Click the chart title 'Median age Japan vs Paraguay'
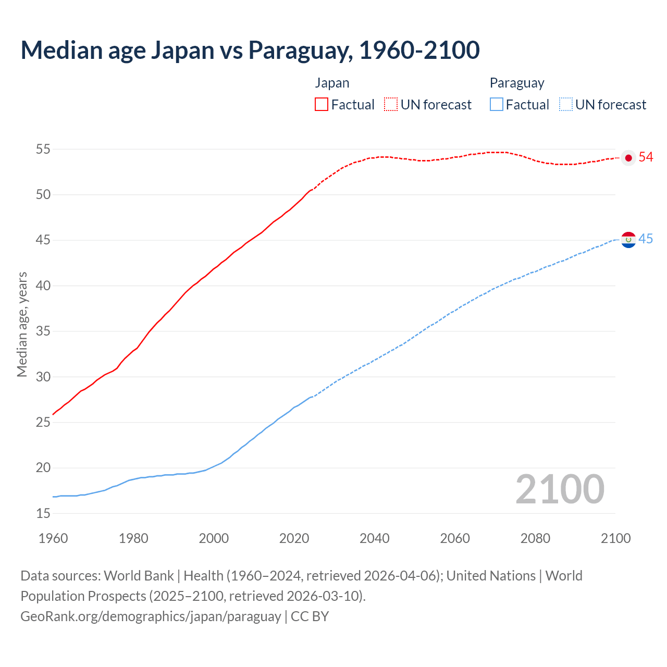click(x=250, y=50)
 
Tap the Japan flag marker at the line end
click(x=628, y=158)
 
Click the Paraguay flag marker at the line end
click(x=628, y=240)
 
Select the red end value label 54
click(x=646, y=157)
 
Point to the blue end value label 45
click(x=646, y=239)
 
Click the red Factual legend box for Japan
click(x=322, y=105)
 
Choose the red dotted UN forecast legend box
click(x=391, y=105)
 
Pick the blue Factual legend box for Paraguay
click(x=497, y=105)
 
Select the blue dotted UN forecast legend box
click(x=565, y=105)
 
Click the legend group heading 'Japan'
click(x=332, y=83)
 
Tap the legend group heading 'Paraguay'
click(x=516, y=83)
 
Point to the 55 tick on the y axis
click(x=43, y=150)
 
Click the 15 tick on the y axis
click(x=43, y=514)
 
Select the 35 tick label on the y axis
click(x=43, y=331)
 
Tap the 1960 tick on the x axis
click(x=53, y=538)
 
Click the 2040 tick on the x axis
click(x=375, y=538)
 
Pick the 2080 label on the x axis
click(x=535, y=538)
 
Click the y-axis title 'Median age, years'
click(x=22, y=324)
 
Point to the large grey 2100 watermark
click(x=560, y=489)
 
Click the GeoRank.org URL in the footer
click(x=151, y=616)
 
